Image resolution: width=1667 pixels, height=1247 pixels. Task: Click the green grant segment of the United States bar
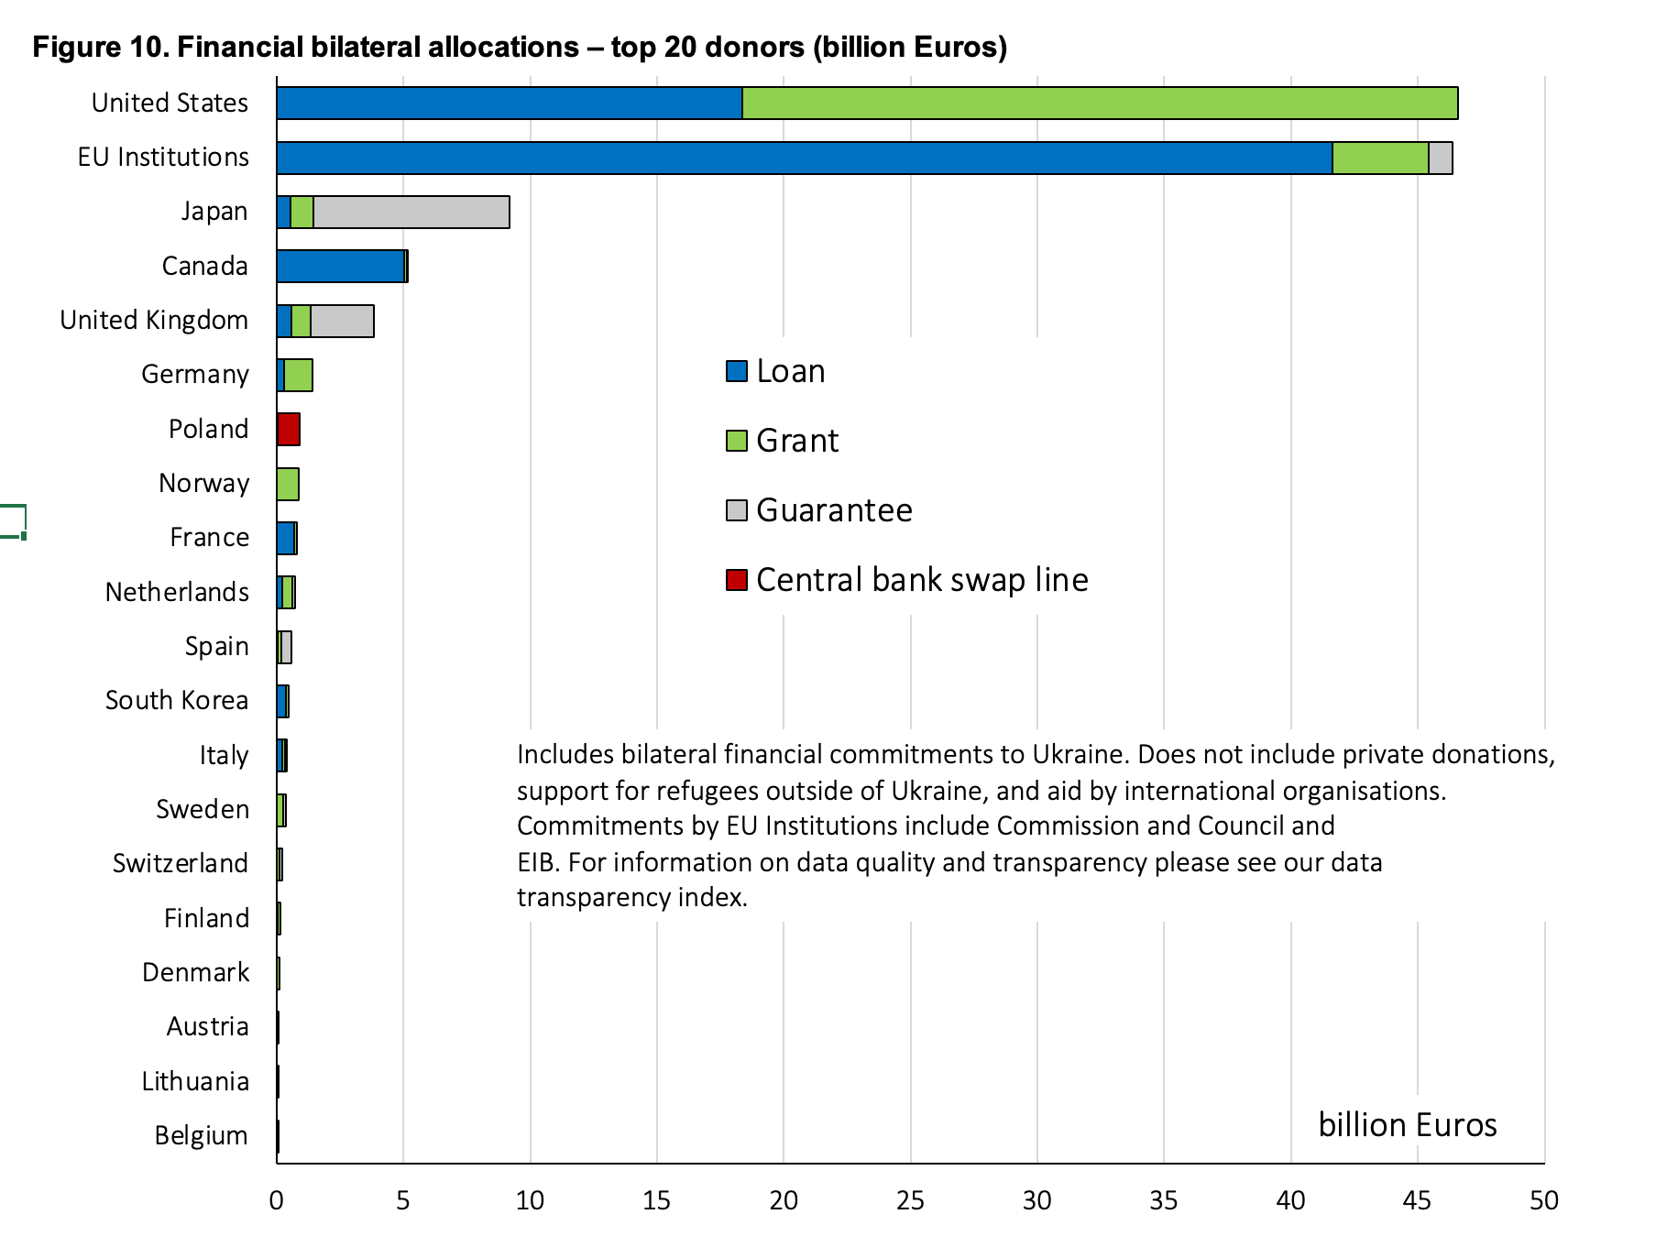pos(1100,104)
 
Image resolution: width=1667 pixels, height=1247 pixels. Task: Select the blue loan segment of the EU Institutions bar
pos(804,158)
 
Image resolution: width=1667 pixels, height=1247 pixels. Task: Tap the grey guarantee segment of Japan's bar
pos(411,213)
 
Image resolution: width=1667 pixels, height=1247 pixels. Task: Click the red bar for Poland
pos(289,430)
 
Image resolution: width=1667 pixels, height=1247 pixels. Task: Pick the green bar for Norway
pos(288,484)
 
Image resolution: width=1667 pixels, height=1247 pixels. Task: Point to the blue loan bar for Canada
pos(340,267)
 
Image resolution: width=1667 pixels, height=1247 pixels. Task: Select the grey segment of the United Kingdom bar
pos(342,321)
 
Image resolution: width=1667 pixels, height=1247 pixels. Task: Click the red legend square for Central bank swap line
pos(736,580)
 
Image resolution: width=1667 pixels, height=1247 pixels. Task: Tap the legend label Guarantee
pos(834,510)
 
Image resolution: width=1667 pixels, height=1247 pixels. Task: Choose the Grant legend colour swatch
pos(736,441)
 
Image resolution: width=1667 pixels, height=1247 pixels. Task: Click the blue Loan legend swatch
pos(736,371)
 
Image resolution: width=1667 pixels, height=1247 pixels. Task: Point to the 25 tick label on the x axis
pos(910,1201)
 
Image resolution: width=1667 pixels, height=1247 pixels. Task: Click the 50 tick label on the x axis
pos(1544,1201)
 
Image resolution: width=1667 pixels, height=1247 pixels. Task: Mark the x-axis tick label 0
pos(277,1201)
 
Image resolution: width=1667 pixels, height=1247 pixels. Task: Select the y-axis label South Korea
pos(177,701)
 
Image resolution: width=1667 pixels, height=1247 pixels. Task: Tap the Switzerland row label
pos(181,864)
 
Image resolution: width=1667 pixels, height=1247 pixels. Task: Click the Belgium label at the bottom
pos(201,1136)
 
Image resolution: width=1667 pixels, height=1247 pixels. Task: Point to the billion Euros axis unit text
pos(1407,1125)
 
